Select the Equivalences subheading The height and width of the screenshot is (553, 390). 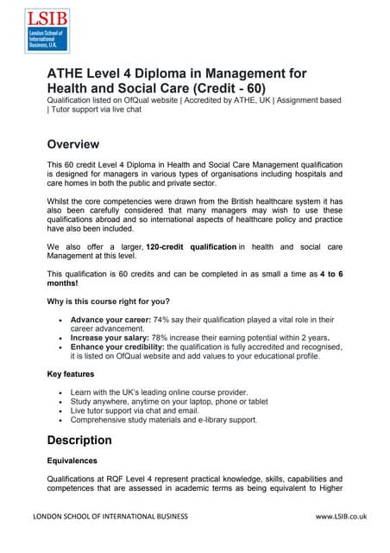click(x=72, y=461)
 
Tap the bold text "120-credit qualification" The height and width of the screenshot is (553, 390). click(x=191, y=247)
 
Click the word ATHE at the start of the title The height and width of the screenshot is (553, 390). click(x=66, y=73)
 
